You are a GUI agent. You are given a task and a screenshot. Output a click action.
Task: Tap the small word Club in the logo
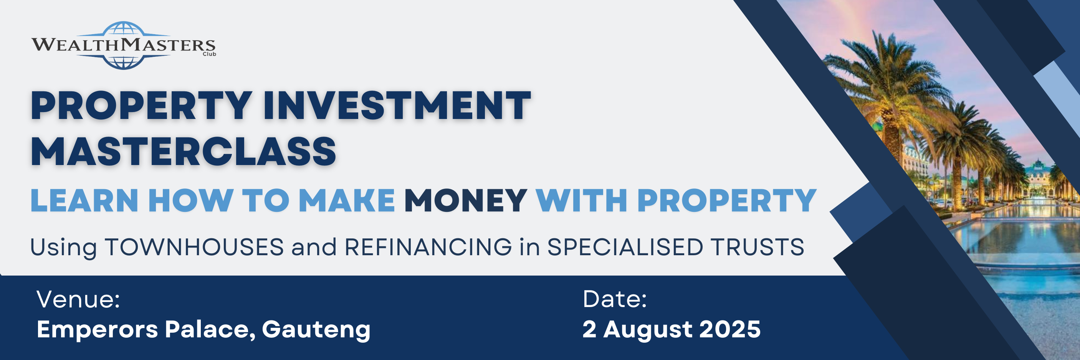click(209, 54)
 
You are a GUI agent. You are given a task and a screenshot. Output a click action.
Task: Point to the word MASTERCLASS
click(183, 151)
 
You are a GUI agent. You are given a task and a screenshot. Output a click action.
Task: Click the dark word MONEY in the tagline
click(465, 201)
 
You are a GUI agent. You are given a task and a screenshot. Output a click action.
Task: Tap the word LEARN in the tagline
click(84, 201)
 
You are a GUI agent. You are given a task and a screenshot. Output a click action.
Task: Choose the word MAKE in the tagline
click(347, 201)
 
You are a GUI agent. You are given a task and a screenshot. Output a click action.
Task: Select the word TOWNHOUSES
click(194, 247)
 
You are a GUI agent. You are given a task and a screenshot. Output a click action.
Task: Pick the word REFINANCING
click(428, 247)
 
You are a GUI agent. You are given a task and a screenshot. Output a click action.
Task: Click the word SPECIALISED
click(625, 247)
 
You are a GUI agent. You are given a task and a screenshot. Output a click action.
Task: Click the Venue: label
click(78, 300)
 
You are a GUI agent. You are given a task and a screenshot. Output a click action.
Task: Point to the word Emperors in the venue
click(97, 330)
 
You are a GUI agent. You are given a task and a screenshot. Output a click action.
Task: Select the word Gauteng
click(316, 330)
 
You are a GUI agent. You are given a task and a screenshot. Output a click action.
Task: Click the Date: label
click(615, 300)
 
